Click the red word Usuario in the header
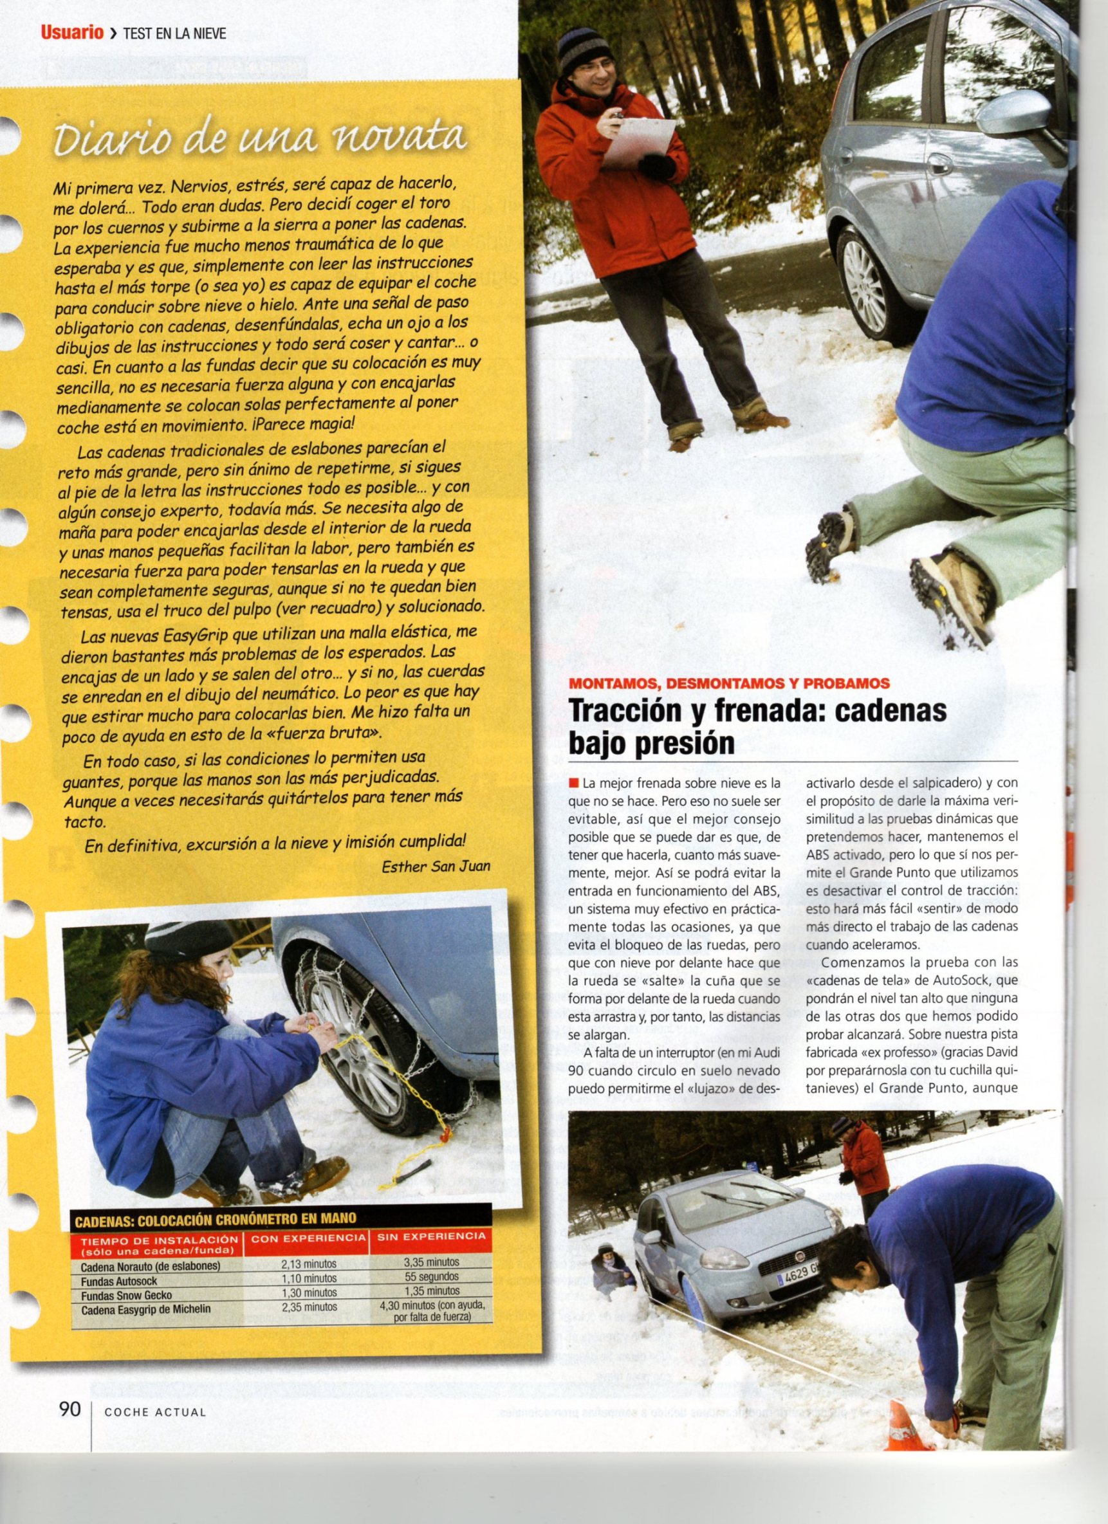pos(69,33)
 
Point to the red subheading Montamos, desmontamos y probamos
pos(730,683)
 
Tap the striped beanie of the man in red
pos(582,50)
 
